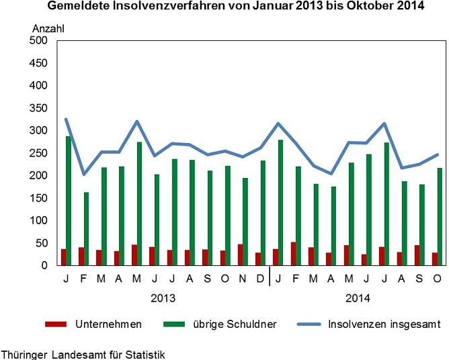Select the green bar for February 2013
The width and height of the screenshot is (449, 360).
click(86, 229)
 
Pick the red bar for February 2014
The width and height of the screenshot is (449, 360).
click(293, 254)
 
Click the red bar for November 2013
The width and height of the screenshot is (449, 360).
click(240, 255)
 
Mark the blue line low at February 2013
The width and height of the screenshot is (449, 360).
click(83, 175)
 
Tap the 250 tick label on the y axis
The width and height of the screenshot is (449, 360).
click(38, 153)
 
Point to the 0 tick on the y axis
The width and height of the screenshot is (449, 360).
click(44, 266)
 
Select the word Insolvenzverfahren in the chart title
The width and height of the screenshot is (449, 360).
click(177, 7)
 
